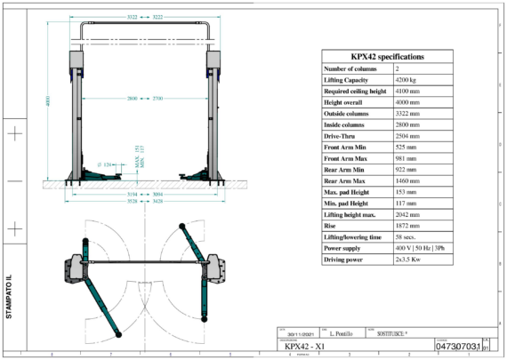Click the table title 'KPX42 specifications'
point(386,56)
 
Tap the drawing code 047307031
point(458,345)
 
